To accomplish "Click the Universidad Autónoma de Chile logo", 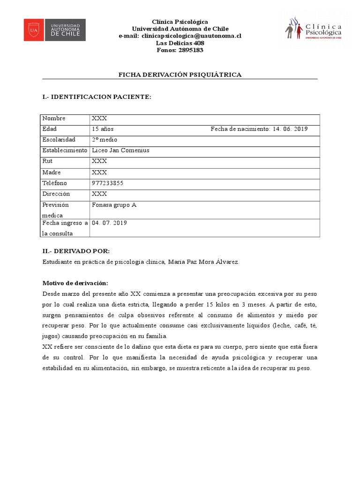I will click(55, 30).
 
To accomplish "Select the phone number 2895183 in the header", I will click(190, 50).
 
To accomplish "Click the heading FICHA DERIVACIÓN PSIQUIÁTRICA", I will click(180, 75).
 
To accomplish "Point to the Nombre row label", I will click(54, 119).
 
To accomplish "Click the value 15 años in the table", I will click(103, 129).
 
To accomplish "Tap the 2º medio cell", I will click(105, 140).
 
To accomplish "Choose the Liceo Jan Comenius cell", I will click(120, 150).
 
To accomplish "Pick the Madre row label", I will click(51, 172).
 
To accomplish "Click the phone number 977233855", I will click(108, 183).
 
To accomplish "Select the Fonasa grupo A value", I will click(114, 205).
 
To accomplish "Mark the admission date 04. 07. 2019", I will click(109, 223).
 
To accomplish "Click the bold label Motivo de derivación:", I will click(75, 283).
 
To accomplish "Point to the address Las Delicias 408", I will click(180, 43).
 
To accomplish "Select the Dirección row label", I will click(56, 194).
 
